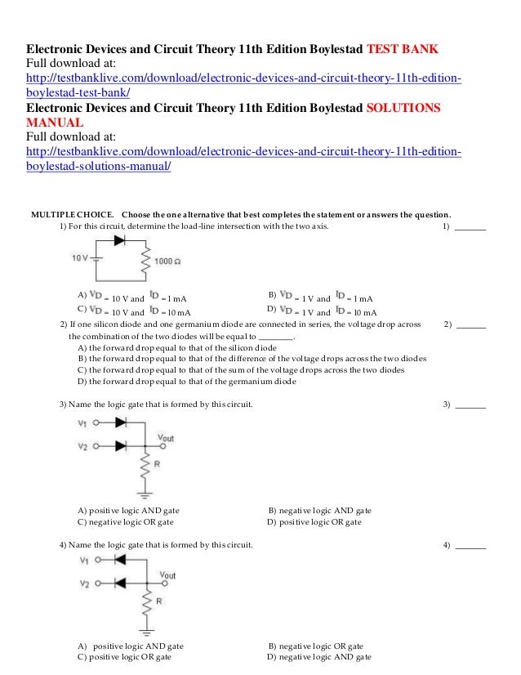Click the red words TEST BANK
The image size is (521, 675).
click(x=402, y=49)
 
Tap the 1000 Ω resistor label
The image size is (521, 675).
click(x=167, y=262)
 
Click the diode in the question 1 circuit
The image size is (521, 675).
click(x=120, y=240)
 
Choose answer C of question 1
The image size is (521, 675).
click(x=135, y=311)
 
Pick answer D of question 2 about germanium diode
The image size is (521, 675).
click(x=186, y=381)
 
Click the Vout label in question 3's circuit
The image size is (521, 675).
click(x=165, y=438)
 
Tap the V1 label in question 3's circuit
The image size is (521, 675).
click(x=82, y=423)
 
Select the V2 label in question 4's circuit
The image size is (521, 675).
click(x=82, y=584)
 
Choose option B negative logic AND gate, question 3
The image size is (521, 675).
click(x=319, y=510)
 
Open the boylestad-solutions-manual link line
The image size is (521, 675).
click(x=99, y=167)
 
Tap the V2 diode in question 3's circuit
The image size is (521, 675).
click(x=121, y=446)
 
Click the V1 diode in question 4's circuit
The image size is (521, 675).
click(x=119, y=561)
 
